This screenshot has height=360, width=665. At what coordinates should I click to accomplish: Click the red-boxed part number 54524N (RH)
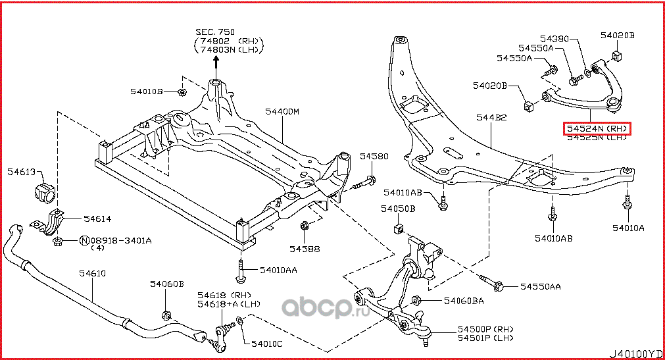[597, 128]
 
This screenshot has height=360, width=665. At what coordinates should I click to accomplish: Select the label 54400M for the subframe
[282, 111]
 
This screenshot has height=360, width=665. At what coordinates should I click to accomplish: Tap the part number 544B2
[491, 117]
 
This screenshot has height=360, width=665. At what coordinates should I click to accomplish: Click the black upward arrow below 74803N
[215, 63]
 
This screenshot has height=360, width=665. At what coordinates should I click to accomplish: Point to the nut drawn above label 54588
[305, 226]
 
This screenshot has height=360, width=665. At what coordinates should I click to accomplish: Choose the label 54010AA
[278, 270]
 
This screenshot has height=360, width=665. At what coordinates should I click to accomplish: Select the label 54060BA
[464, 301]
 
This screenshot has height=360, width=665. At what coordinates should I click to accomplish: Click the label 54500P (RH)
[486, 329]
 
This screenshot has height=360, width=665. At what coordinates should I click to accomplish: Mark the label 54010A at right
[628, 228]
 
